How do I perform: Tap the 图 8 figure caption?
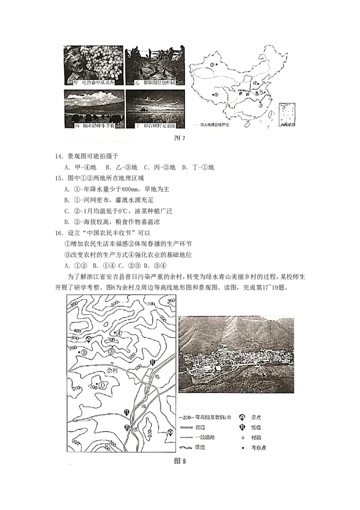(180, 460)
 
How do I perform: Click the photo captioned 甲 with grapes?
(94, 65)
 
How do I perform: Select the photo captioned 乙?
(154, 65)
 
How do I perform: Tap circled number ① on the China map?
(255, 83)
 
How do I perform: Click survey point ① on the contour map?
(102, 385)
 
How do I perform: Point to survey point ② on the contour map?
(83, 352)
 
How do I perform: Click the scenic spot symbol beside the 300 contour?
(89, 340)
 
